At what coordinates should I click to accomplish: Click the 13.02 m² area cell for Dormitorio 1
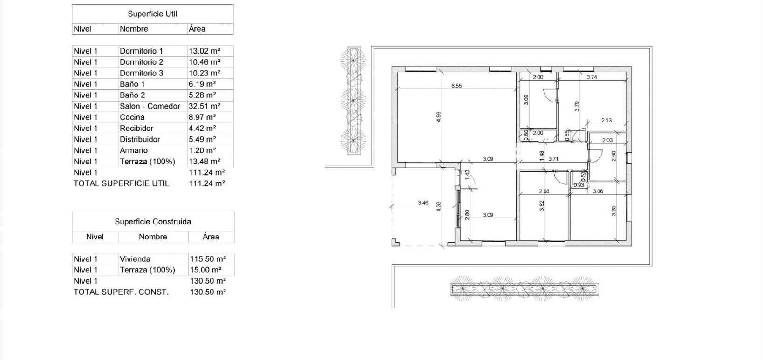pos(204,51)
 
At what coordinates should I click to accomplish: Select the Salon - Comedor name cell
pos(150,106)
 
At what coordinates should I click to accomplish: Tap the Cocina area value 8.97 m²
pos(202,117)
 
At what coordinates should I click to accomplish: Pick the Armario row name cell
pos(134,150)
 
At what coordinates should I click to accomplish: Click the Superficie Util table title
pos(152,14)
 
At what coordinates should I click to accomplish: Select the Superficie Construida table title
pos(153,222)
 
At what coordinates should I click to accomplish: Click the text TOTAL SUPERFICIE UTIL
pos(121,183)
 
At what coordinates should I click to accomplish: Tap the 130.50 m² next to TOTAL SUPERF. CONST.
pos(208,292)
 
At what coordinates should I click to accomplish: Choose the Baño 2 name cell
pos(132,95)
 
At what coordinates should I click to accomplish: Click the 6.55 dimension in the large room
pos(456,86)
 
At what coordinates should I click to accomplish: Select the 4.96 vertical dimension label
pos(438,117)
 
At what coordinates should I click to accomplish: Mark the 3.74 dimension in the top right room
pos(592,77)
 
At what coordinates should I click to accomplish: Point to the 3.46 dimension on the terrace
pos(423,203)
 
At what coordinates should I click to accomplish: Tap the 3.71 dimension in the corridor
pos(553,159)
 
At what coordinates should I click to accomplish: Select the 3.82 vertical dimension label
pos(542,205)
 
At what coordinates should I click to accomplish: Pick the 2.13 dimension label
pos(606,120)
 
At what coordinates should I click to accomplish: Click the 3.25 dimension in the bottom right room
pos(613,211)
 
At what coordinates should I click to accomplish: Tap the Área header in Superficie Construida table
pos(211,237)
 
